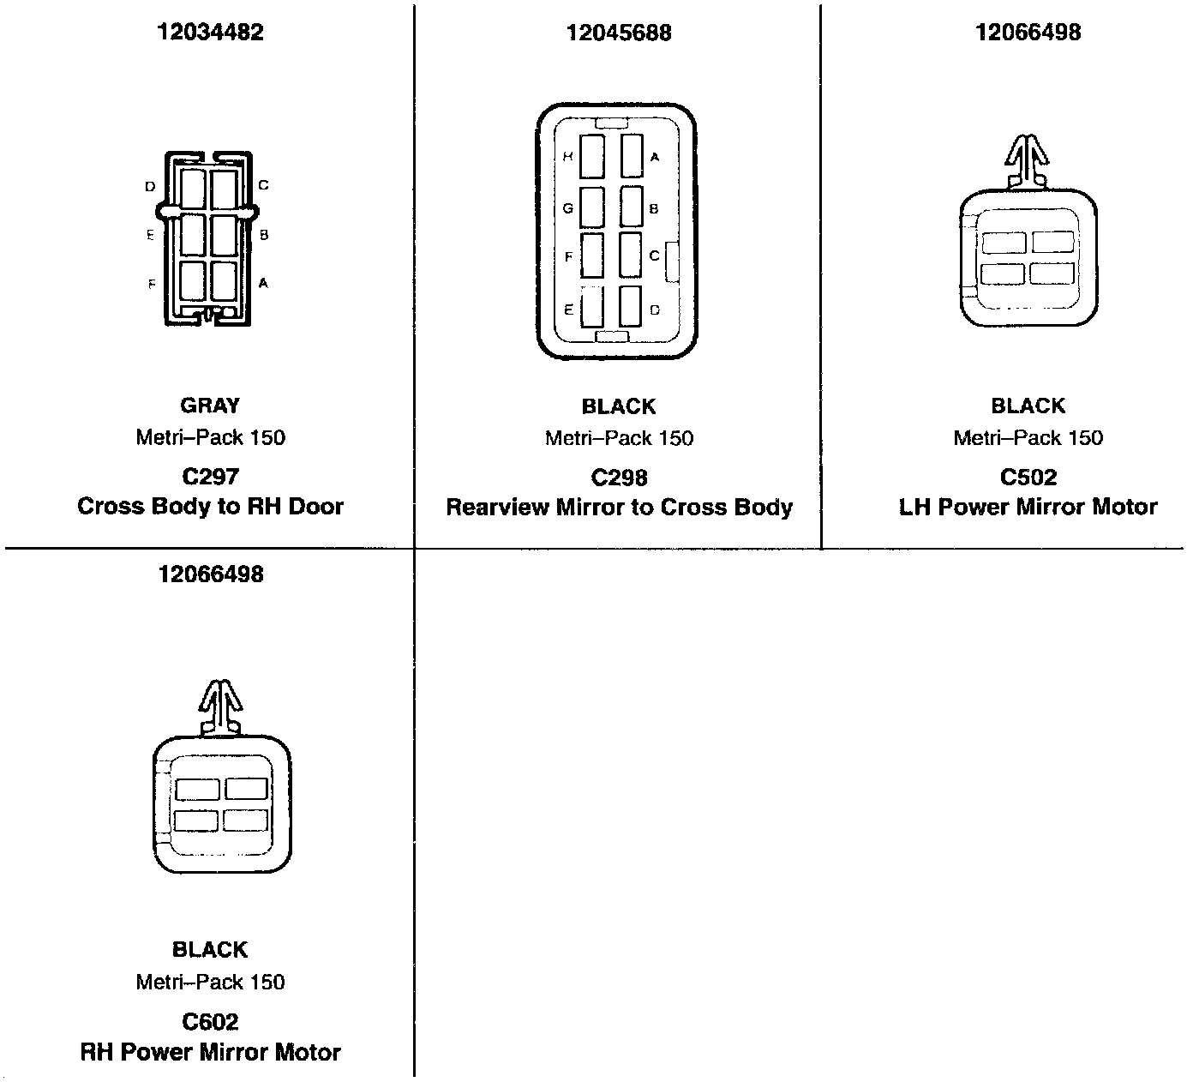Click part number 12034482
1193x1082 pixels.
click(210, 33)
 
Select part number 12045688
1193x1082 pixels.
click(619, 33)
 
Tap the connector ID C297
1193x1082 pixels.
click(210, 477)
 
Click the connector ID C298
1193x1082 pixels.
click(619, 478)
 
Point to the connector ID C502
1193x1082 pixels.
click(1028, 477)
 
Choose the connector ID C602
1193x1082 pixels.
click(210, 1021)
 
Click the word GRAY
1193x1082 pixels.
click(210, 406)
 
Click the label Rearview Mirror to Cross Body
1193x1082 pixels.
click(619, 507)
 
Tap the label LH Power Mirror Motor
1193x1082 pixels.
click(1028, 507)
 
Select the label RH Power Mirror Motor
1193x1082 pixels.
click(210, 1051)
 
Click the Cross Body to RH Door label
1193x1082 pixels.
click(210, 506)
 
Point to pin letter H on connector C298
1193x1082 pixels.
click(567, 157)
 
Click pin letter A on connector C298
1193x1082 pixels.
click(655, 157)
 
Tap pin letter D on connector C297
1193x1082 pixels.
click(150, 186)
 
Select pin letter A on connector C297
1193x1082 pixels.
click(263, 283)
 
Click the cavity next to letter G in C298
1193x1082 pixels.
click(592, 207)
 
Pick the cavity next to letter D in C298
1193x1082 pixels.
click(631, 306)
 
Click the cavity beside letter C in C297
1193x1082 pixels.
click(225, 189)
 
